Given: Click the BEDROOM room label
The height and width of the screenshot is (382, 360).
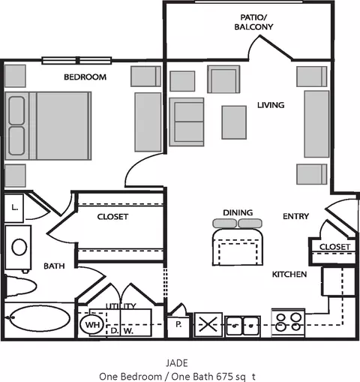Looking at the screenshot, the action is click(85, 77).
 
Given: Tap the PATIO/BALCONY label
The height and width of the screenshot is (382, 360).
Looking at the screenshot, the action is click(253, 22).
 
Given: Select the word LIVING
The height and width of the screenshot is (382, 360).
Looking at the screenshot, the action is click(271, 105).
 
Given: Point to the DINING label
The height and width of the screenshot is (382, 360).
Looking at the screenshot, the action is click(238, 212).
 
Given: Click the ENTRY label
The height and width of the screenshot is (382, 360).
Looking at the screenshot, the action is click(295, 216).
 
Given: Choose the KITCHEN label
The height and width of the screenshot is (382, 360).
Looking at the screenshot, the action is click(289, 274).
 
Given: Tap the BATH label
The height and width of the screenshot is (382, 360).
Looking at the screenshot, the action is click(54, 266).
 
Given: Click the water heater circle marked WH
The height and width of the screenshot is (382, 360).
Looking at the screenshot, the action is click(92, 324).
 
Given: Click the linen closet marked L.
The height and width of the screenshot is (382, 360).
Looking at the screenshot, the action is click(14, 208).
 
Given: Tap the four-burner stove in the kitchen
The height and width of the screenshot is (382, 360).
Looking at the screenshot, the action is click(288, 323).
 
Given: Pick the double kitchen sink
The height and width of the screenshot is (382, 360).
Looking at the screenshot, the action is click(242, 326).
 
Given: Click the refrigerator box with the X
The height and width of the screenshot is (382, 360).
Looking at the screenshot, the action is click(208, 325).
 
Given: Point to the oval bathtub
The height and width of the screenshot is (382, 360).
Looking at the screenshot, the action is click(40, 318).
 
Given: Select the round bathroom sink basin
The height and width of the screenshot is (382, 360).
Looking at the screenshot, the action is click(19, 247).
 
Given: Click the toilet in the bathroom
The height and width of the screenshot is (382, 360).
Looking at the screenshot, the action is click(20, 287).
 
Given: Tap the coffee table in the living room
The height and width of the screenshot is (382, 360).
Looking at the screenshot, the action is click(234, 122).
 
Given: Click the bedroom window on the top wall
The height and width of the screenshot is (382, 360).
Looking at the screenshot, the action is click(76, 61).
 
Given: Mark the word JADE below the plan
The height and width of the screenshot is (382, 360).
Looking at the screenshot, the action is click(177, 363).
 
